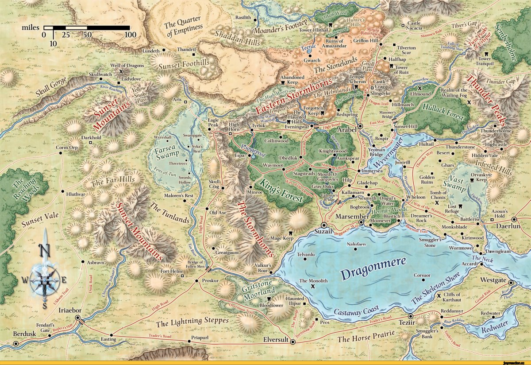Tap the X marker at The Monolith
pos(313,287)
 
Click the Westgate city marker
pos(511,282)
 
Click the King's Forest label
pos(281,190)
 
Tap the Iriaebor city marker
pos(77,318)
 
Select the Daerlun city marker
pos(514,219)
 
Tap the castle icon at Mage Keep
pos(291,233)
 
